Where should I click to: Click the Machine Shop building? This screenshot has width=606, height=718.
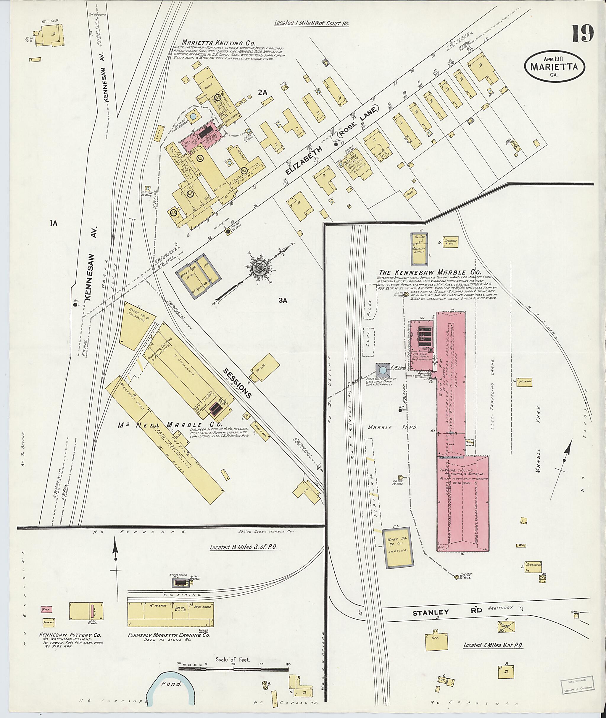(x=419, y=249)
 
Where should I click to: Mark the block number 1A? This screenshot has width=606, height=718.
(x=53, y=224)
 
